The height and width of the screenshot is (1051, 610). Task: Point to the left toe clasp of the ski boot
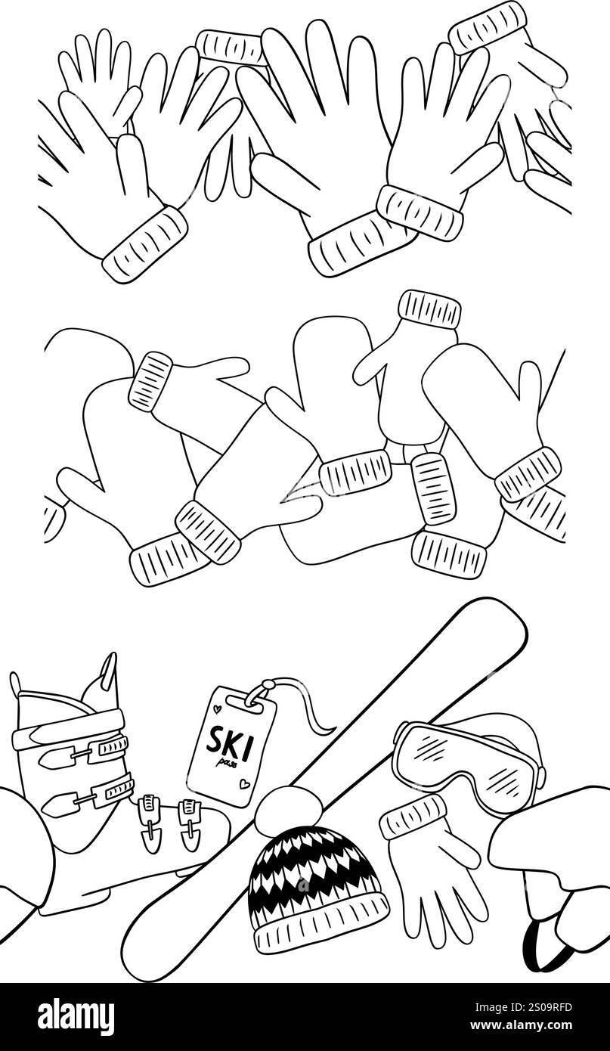coord(151,820)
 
